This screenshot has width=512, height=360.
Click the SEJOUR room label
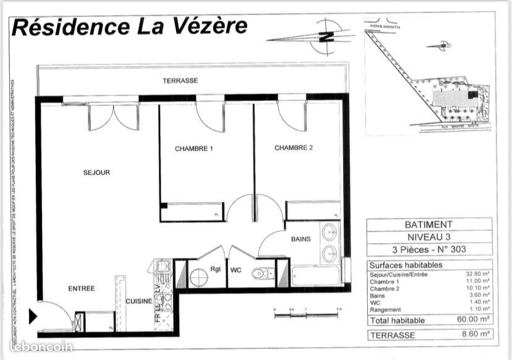click(96, 173)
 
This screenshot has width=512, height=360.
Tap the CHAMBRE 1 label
click(194, 148)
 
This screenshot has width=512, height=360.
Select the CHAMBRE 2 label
click(294, 148)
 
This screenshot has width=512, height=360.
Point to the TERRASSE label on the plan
click(180, 81)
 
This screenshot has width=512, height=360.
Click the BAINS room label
click(301, 239)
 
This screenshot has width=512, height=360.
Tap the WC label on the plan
click(236, 270)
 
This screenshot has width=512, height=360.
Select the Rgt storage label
click(215, 269)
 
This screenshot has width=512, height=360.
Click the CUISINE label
click(139, 301)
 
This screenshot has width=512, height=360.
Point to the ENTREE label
click(81, 288)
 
